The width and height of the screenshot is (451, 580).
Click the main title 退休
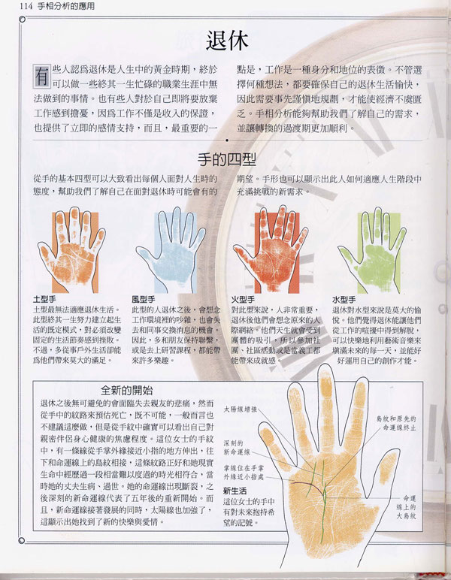click(x=226, y=39)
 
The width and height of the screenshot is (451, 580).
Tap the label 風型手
click(x=144, y=300)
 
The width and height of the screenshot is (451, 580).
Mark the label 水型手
click(x=344, y=300)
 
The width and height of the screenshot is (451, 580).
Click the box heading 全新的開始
click(x=127, y=389)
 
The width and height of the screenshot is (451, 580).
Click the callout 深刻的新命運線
click(x=238, y=448)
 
